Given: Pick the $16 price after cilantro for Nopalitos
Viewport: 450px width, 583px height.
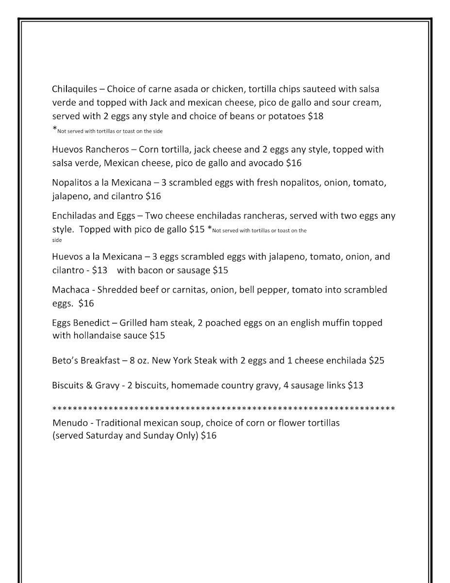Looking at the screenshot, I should [x=153, y=197].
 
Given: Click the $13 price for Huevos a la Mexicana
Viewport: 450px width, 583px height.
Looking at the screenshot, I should [x=100, y=270].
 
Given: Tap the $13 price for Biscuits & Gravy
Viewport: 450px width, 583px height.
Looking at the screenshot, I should [x=355, y=386].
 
